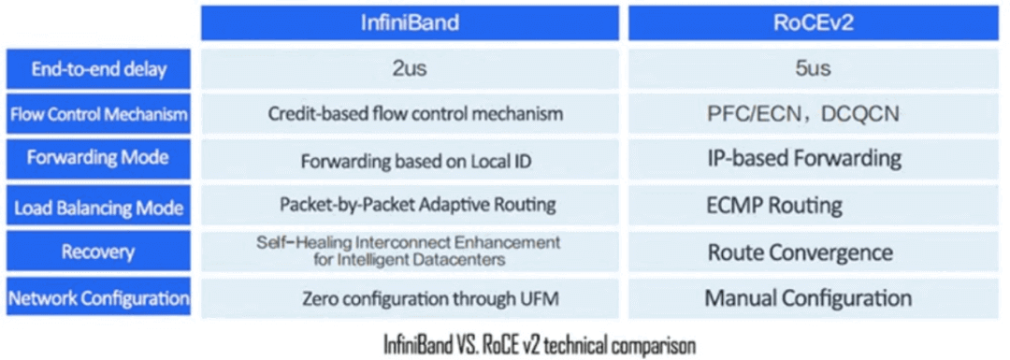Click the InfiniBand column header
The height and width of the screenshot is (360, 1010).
click(x=411, y=22)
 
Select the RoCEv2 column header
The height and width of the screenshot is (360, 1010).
click(x=808, y=22)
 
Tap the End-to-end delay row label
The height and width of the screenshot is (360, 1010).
click(x=99, y=69)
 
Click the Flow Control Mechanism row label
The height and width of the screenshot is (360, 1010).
click(x=99, y=115)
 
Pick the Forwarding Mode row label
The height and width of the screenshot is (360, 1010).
click(x=99, y=159)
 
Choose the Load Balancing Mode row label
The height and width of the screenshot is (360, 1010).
click(x=99, y=207)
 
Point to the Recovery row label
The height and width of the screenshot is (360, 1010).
click(x=99, y=252)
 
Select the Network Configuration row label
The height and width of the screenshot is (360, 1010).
click(x=99, y=298)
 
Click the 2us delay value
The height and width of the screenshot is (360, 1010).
click(x=411, y=69)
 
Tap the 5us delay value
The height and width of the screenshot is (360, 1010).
click(x=808, y=69)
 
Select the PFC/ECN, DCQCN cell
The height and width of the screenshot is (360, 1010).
click(x=803, y=115)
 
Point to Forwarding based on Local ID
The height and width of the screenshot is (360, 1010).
click(x=416, y=161)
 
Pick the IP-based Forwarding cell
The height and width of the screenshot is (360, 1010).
click(x=804, y=159)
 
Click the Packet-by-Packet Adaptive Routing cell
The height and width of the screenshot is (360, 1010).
click(x=417, y=205)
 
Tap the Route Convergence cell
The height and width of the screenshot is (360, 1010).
click(x=800, y=252)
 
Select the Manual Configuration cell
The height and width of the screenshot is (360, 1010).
click(x=808, y=299)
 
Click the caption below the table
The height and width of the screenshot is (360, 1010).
click(x=540, y=344)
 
